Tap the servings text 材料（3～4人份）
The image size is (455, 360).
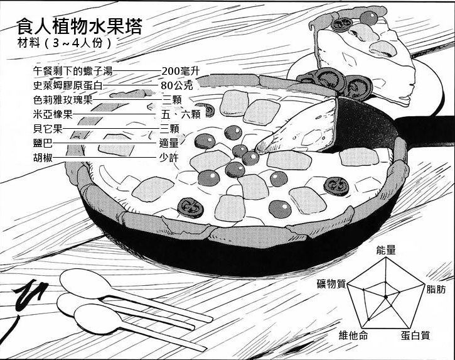[x=66, y=43]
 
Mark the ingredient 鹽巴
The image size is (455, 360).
[x=43, y=143]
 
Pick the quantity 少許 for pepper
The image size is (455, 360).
[x=169, y=158]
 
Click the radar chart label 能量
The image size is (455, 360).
[x=386, y=250]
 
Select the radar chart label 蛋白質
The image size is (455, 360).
[x=415, y=335]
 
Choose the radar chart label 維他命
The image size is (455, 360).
[x=353, y=335]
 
